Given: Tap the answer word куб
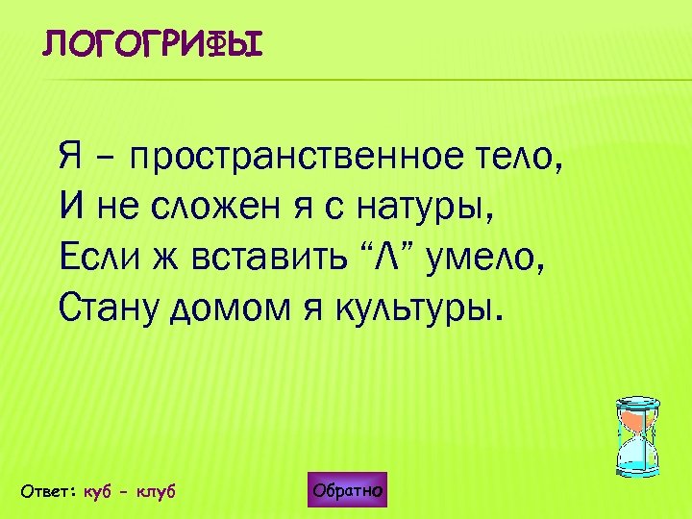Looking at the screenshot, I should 99,491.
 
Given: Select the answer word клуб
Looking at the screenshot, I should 156,491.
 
